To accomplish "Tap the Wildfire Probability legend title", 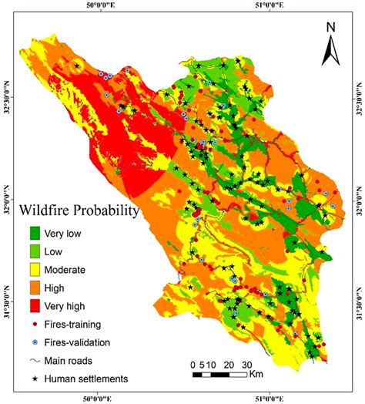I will (x=79, y=210).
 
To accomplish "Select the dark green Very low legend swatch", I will (x=35, y=232).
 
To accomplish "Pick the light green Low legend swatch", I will (x=35, y=251).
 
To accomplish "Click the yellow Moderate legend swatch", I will (x=35, y=269).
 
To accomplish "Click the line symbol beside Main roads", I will (x=35, y=359).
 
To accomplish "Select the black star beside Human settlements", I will (x=35, y=378).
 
